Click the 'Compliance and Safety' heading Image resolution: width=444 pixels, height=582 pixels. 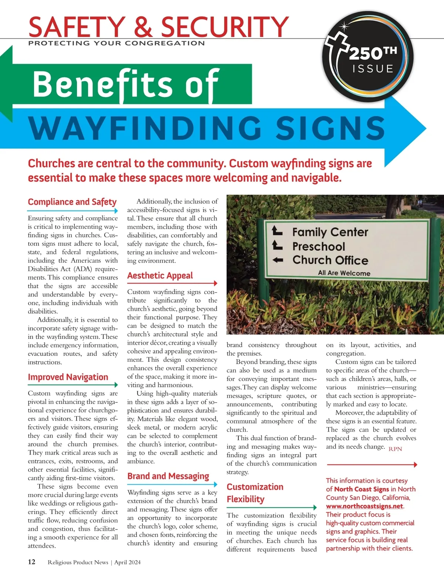pyautogui.click(x=72, y=202)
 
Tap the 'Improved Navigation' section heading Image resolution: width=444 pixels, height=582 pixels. pyautogui.click(x=68, y=377)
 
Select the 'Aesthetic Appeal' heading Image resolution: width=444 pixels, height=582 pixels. pyautogui.click(x=160, y=276)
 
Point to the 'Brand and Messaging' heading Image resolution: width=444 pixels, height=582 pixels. pyautogui.click(x=168, y=476)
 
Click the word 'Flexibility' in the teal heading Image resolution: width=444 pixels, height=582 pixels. pyautogui.click(x=246, y=499)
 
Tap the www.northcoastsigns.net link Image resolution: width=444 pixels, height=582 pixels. pyautogui.click(x=364, y=506)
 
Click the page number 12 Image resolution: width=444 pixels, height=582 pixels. pyautogui.click(x=32, y=562)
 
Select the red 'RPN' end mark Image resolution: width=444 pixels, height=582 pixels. pyautogui.click(x=395, y=449)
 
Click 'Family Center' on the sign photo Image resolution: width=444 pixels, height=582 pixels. pyautogui.click(x=330, y=232)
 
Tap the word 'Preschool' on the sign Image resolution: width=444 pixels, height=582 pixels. pyautogui.click(x=319, y=246)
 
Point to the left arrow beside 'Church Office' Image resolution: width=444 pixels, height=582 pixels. pyautogui.click(x=278, y=260)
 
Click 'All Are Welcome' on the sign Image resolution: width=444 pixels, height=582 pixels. pyautogui.click(x=344, y=273)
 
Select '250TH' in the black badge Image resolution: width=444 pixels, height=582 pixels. pyautogui.click(x=373, y=54)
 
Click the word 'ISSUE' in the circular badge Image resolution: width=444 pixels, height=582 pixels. pyautogui.click(x=373, y=69)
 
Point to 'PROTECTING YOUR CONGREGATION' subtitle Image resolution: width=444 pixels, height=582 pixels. pyautogui.click(x=116, y=43)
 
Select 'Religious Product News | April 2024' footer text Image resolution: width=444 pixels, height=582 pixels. pyautogui.click(x=94, y=562)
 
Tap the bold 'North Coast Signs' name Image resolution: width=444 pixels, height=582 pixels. pyautogui.click(x=361, y=489)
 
